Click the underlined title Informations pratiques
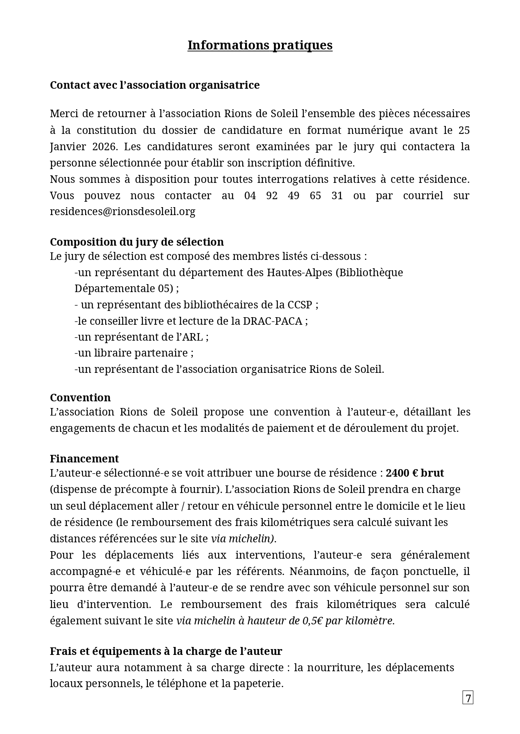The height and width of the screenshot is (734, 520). (x=260, y=45)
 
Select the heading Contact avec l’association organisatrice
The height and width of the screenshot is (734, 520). (x=155, y=85)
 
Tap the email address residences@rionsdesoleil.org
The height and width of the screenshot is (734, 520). (x=122, y=211)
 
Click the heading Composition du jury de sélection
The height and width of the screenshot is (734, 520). (x=137, y=242)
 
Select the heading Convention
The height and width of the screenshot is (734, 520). (x=80, y=398)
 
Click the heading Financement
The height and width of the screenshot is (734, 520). (x=84, y=459)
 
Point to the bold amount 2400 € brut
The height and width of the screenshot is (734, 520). (x=414, y=473)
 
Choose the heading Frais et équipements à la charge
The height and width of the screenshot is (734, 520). (x=166, y=651)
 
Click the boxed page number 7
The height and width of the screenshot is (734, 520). (x=468, y=698)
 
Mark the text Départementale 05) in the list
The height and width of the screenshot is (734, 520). (x=124, y=289)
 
